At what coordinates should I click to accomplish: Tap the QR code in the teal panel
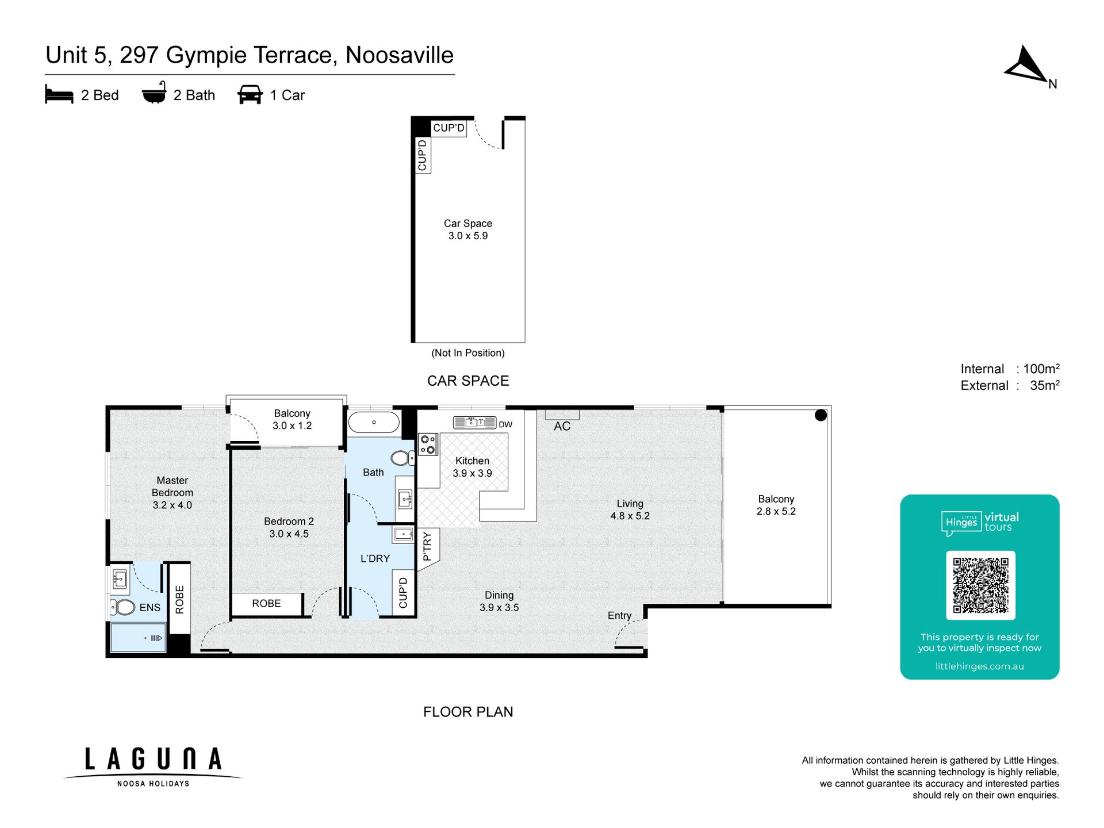pos(980,585)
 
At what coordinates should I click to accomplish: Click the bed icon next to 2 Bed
pos(59,95)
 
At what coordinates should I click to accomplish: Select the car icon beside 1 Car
pos(250,95)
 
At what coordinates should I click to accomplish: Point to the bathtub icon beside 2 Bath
pos(154,93)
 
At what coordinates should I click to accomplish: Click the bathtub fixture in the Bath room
pos(374,422)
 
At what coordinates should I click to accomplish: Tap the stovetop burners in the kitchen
pos(428,444)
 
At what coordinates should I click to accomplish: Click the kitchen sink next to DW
pos(474,423)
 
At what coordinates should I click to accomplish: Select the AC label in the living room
pos(562,426)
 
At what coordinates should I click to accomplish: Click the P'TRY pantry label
pos(427,546)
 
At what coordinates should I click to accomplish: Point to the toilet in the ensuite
pos(122,607)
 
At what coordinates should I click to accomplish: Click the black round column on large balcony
pos(821,415)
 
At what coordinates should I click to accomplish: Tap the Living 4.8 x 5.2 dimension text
pos(630,510)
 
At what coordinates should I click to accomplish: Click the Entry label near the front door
pos(619,615)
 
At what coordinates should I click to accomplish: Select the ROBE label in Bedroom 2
pos(266,603)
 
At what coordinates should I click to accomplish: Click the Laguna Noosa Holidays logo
pos(153,766)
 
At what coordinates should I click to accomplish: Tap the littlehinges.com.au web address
pos(979,666)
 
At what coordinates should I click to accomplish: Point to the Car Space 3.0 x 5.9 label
pos(468,229)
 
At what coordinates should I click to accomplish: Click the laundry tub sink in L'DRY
pos(404,535)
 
